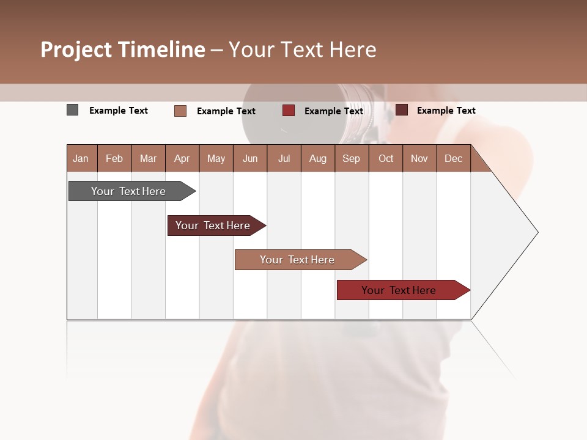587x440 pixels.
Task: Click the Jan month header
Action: (81, 158)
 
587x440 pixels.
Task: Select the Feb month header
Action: (114, 158)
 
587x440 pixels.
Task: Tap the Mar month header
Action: (148, 158)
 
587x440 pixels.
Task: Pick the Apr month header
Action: (182, 158)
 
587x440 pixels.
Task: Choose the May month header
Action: (216, 158)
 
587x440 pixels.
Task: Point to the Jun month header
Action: (250, 158)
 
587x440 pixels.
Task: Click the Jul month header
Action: (284, 158)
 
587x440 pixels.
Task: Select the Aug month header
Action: (318, 158)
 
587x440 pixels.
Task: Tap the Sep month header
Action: (352, 158)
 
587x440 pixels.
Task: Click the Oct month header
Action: (386, 158)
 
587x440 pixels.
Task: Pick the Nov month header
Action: (419, 158)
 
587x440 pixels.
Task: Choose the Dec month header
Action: (454, 158)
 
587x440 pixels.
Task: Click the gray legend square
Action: (73, 110)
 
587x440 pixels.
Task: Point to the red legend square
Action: (289, 111)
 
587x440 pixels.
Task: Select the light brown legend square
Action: (180, 111)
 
